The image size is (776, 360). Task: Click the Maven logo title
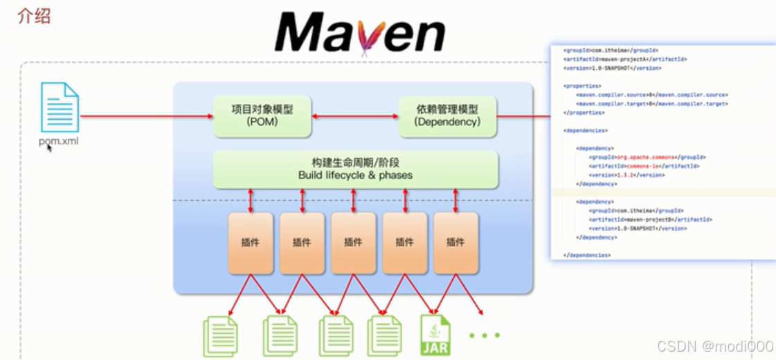(359, 32)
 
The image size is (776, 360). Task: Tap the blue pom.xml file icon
(60, 107)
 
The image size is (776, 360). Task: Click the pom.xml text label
(59, 142)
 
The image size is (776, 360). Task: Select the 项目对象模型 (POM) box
(262, 116)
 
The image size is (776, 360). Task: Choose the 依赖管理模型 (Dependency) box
(447, 116)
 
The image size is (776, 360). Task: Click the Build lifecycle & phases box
(355, 169)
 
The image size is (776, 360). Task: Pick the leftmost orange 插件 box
(251, 242)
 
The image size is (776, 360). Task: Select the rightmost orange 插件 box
(455, 242)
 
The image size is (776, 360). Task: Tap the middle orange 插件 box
(353, 242)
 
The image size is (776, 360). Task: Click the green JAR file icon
(435, 336)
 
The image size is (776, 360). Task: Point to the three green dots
(485, 336)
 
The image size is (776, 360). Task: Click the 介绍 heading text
(34, 17)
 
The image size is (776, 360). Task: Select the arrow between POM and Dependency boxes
(355, 116)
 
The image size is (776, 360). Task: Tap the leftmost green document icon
(220, 336)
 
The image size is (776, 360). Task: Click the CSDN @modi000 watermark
(715, 347)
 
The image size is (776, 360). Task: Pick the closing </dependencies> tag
(587, 255)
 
